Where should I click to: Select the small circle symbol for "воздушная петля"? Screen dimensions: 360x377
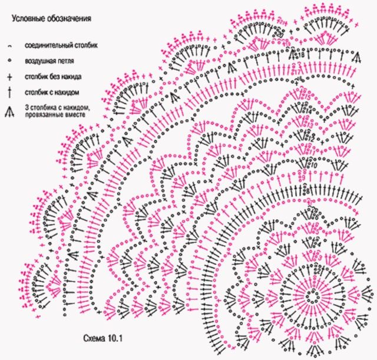[10, 61]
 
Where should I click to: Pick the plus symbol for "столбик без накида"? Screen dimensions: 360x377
[10, 77]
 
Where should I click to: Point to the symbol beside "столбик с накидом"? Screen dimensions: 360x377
[10, 92]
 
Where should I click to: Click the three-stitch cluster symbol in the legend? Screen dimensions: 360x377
[10, 110]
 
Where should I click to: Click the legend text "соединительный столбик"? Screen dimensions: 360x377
[61, 45]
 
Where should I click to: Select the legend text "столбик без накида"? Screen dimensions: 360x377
[53, 77]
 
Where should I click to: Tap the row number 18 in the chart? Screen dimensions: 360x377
[300, 55]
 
